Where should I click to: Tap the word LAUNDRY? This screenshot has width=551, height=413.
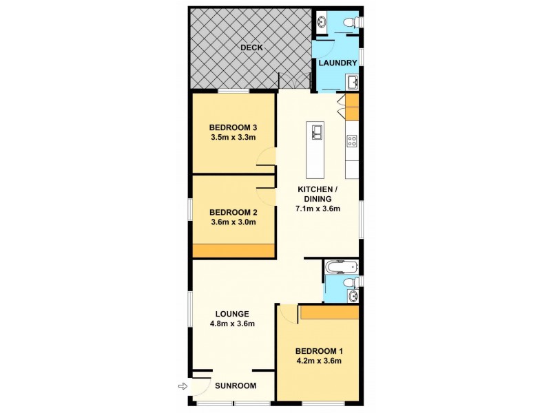click(x=337, y=63)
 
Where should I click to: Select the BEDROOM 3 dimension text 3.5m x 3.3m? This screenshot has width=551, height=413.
click(x=233, y=137)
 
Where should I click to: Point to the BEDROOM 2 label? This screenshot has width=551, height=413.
click(x=233, y=212)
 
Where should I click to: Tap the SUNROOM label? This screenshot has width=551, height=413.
click(x=231, y=386)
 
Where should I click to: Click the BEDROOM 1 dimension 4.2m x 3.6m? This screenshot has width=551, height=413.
click(x=318, y=360)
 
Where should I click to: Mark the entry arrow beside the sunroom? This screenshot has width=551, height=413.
click(x=183, y=387)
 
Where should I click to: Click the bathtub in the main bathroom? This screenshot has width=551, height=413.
click(x=341, y=266)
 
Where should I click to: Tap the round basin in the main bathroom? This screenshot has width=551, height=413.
click(x=353, y=296)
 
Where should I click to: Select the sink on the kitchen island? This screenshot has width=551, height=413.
click(x=318, y=131)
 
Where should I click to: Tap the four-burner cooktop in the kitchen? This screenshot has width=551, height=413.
click(x=352, y=141)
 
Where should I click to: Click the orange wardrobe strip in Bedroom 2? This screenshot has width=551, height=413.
click(x=233, y=251)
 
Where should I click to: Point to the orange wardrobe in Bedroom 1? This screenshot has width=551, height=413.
click(x=329, y=313)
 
